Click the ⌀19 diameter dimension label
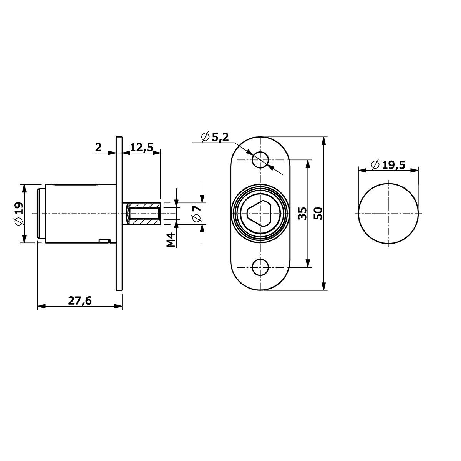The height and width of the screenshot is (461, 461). pyautogui.click(x=19, y=214)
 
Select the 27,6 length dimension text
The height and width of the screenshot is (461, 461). pyautogui.click(x=80, y=301)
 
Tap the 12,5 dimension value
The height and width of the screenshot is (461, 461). pyautogui.click(x=142, y=148)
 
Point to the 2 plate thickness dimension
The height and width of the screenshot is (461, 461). pyautogui.click(x=98, y=148)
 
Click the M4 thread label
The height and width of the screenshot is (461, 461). pyautogui.click(x=171, y=240)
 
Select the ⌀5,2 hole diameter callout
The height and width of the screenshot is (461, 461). pyautogui.click(x=215, y=137)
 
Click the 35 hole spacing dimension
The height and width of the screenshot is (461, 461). pyautogui.click(x=302, y=213)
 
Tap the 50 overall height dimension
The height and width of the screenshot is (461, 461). pyautogui.click(x=318, y=213)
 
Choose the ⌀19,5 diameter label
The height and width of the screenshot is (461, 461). pyautogui.click(x=388, y=165)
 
